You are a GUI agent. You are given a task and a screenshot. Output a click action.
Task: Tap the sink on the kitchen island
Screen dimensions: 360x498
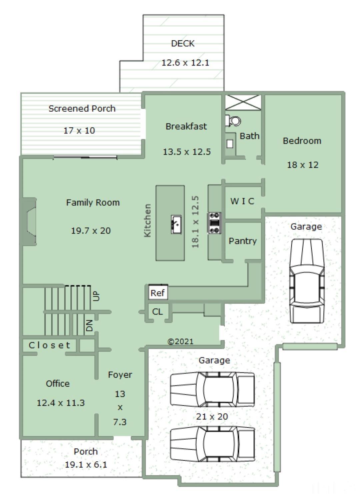[176, 224]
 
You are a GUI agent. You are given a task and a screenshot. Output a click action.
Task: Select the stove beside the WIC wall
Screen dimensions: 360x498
[214, 223]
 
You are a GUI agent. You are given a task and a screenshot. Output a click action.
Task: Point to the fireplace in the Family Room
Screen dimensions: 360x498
[29, 222]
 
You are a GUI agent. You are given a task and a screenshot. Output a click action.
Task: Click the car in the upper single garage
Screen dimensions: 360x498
[307, 281]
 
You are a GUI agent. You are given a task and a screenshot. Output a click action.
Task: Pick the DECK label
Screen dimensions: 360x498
[183, 43]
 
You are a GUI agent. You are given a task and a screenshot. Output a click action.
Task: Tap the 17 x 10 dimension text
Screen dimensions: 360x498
[79, 130]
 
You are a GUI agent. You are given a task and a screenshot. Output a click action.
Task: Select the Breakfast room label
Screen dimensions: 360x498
[186, 126]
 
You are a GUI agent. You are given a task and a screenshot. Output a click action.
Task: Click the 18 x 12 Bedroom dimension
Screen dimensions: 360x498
[303, 165]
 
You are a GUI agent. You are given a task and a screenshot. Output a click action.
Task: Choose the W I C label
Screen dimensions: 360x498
[242, 201]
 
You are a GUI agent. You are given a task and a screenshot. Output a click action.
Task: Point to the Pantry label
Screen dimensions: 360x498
[243, 241]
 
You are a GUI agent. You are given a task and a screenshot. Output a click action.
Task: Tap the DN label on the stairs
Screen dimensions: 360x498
[89, 326]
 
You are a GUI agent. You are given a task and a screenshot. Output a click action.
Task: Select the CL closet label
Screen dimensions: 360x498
[157, 312]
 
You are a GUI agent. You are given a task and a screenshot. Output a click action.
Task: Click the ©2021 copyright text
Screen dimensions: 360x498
[180, 341]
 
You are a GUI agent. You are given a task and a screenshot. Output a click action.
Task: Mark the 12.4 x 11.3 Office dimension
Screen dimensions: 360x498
[61, 403]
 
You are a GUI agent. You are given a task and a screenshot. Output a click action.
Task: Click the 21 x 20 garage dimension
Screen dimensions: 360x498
[212, 416]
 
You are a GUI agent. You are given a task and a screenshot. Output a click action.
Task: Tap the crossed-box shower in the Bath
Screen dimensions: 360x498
[243, 102]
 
